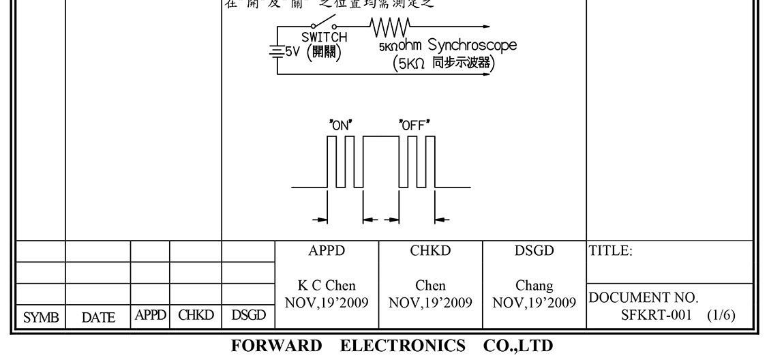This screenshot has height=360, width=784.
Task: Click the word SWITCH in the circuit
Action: (325, 37)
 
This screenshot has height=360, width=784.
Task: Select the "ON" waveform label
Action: (340, 125)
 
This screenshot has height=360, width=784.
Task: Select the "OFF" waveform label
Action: (414, 125)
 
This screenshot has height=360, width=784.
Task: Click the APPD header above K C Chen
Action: (327, 251)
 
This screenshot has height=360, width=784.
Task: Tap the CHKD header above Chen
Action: (430, 251)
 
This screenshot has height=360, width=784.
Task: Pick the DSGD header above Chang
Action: (534, 251)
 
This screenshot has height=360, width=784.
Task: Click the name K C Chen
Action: (327, 286)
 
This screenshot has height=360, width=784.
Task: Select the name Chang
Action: (534, 286)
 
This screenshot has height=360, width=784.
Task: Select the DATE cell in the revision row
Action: (98, 317)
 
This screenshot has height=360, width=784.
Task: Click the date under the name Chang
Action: (534, 302)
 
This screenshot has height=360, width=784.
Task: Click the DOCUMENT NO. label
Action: (644, 298)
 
